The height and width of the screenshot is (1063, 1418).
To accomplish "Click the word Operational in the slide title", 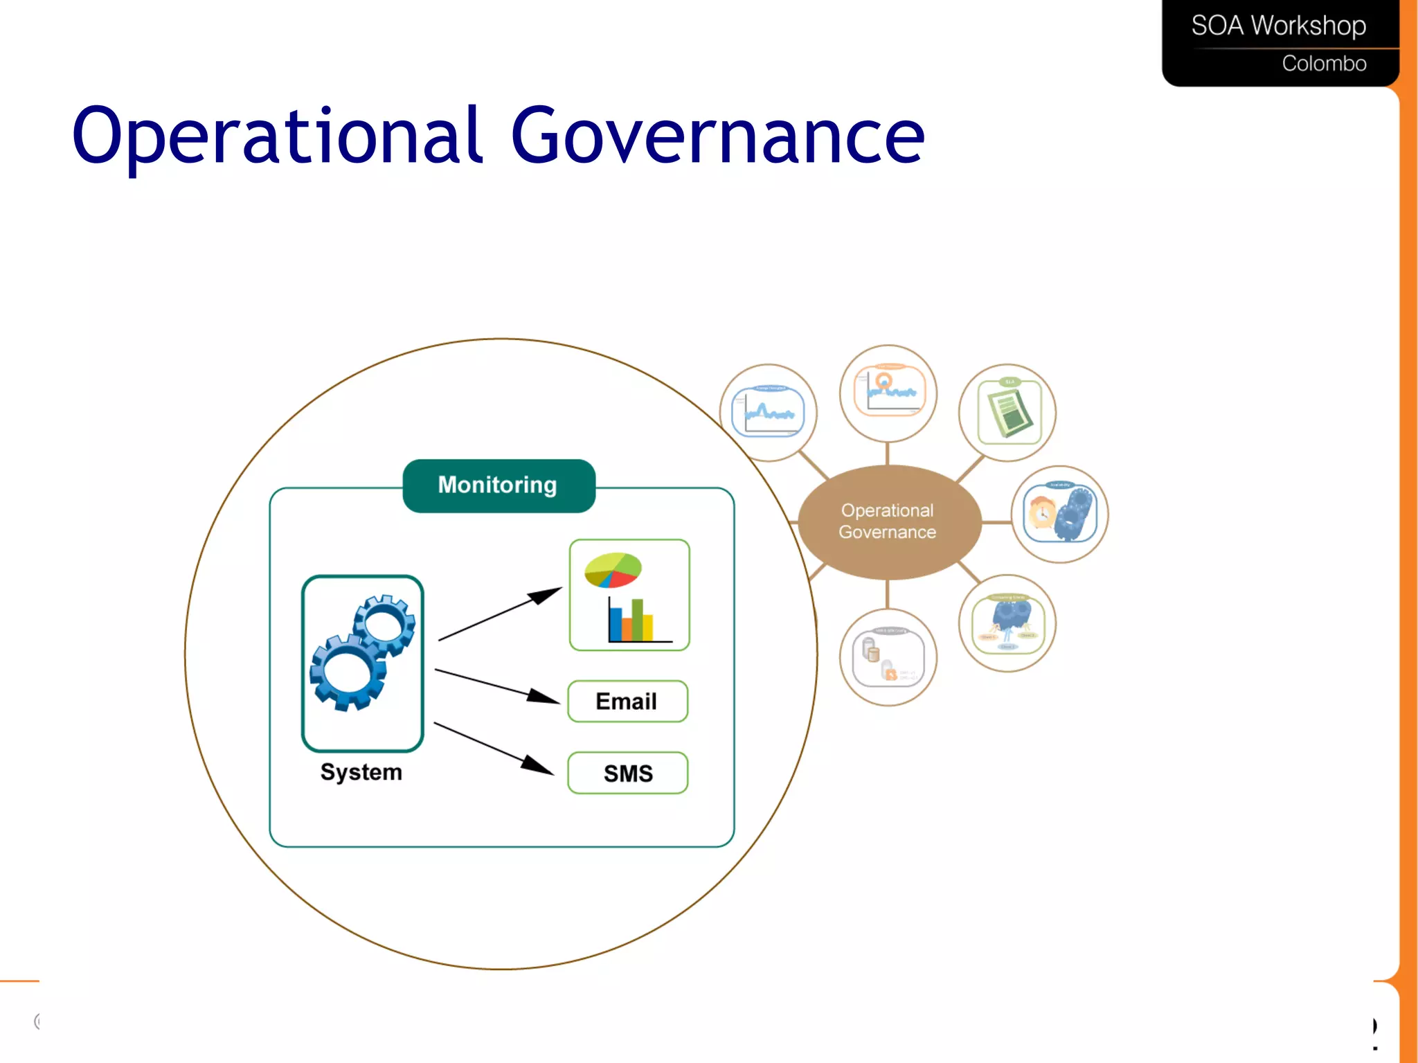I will [x=277, y=136].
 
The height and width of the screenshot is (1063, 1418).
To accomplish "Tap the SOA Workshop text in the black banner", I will [x=1277, y=26].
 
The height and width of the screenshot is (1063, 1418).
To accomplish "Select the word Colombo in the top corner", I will [x=1323, y=64].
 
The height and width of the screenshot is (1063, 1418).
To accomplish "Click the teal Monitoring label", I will [x=498, y=485].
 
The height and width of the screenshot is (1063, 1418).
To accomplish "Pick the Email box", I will [x=627, y=702].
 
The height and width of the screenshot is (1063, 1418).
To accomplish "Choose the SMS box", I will [x=627, y=773].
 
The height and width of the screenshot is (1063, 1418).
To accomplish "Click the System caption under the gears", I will [x=361, y=771].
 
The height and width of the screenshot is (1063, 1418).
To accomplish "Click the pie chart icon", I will [x=613, y=570].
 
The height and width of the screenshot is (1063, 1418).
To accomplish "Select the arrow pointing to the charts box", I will [x=499, y=614].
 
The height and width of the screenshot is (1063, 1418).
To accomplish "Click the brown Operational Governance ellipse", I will [x=888, y=521].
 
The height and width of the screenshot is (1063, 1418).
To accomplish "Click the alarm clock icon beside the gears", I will [x=1041, y=513].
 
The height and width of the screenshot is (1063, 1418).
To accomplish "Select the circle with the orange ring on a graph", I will [x=888, y=392].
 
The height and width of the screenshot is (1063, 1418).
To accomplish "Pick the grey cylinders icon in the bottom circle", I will [x=871, y=651].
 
